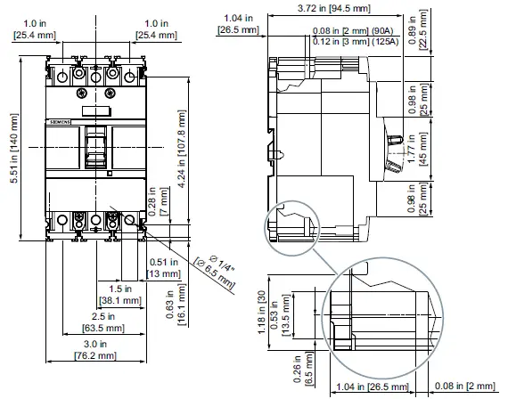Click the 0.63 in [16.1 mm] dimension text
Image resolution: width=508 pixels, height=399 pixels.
click(175, 304)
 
